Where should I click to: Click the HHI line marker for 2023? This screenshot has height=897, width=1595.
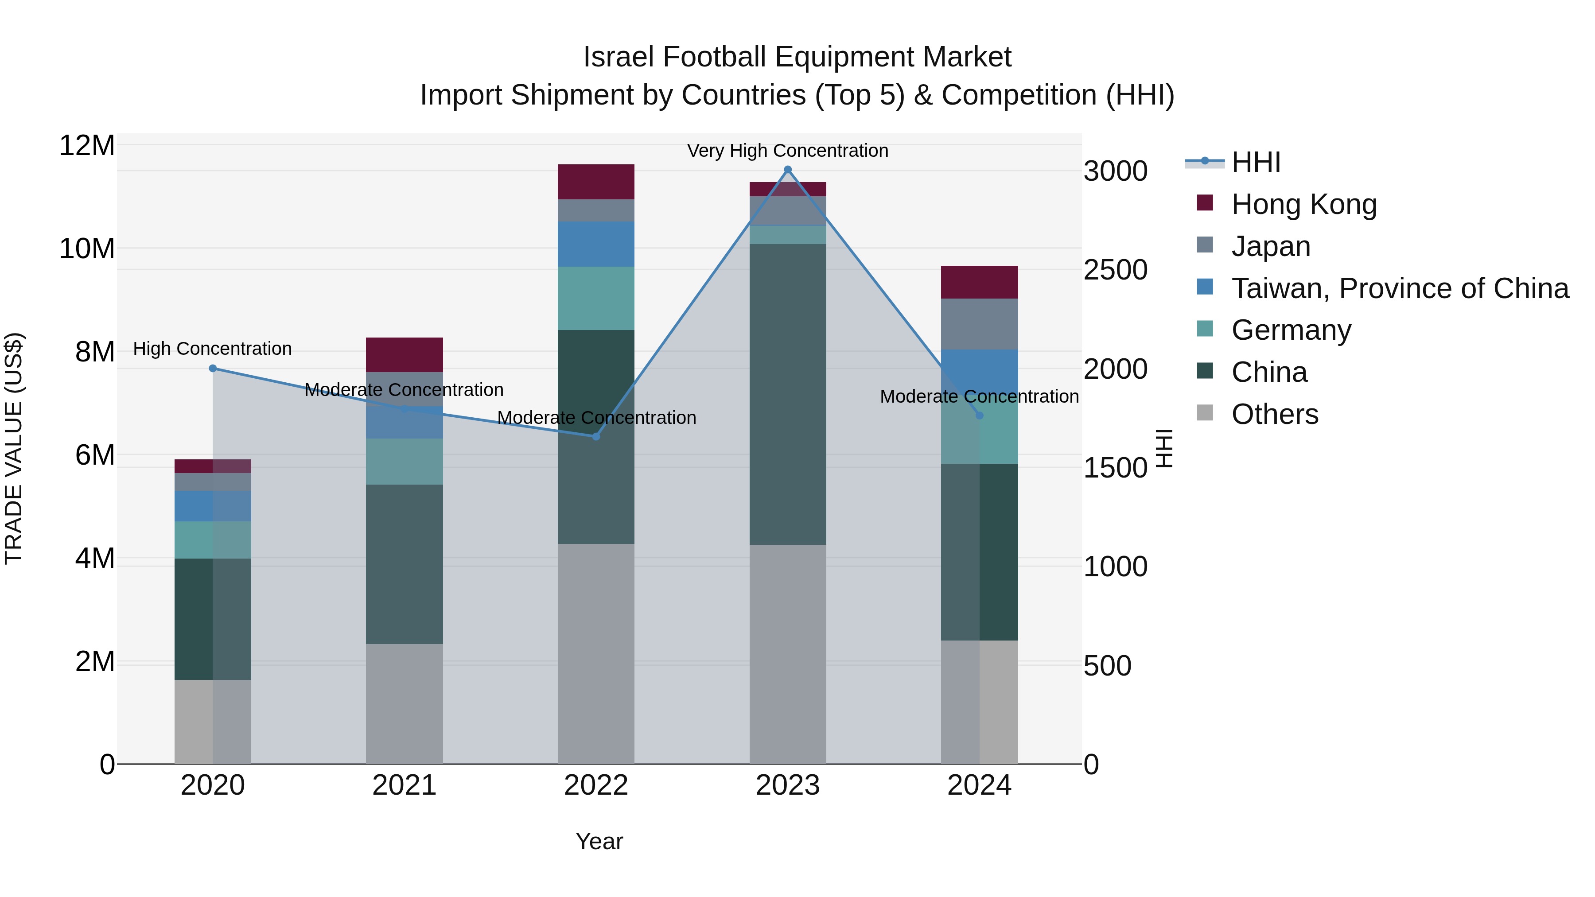[788, 170]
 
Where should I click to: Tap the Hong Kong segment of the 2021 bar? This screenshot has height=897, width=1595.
[405, 355]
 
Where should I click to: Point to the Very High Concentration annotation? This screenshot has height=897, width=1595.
[788, 151]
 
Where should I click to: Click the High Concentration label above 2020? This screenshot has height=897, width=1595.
[212, 349]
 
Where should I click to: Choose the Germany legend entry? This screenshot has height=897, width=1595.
[1291, 330]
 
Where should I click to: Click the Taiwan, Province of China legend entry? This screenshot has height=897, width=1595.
[1399, 288]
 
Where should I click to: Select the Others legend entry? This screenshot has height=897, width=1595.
[1274, 414]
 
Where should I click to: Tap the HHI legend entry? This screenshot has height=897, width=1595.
[1256, 162]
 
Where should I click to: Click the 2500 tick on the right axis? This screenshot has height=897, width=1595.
[1115, 270]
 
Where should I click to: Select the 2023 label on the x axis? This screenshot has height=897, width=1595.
[788, 785]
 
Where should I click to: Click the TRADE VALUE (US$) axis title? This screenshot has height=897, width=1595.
[14, 448]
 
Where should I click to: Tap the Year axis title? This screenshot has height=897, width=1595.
[599, 841]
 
